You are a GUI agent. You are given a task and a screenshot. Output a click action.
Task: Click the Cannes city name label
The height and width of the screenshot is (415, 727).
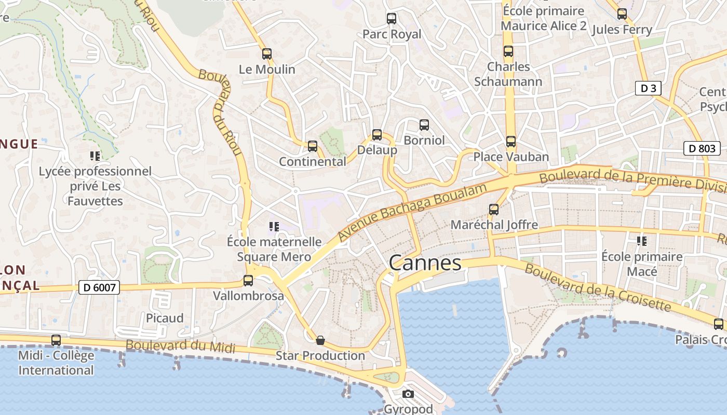tap(425, 263)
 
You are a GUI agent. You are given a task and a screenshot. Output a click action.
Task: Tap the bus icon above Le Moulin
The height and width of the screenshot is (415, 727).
tap(267, 53)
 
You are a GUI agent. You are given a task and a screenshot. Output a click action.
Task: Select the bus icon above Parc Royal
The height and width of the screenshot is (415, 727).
tap(392, 19)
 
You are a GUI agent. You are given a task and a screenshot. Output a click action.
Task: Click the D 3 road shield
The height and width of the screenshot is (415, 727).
tap(648, 88)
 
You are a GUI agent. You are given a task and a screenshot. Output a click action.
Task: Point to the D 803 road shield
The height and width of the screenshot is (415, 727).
tap(702, 148)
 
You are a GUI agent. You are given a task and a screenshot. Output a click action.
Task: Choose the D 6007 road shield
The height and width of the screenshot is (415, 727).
tap(99, 287)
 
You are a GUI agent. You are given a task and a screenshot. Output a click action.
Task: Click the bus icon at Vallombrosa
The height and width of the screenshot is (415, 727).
tap(248, 281)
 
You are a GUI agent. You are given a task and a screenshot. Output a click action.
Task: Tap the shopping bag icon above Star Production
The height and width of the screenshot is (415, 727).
tap(320, 340)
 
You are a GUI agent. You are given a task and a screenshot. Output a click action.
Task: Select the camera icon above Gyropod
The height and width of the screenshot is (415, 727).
tap(408, 394)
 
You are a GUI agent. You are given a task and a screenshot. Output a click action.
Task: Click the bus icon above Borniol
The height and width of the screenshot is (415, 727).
tap(424, 125)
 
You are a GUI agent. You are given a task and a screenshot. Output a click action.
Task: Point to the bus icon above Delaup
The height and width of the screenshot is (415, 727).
tap(377, 135)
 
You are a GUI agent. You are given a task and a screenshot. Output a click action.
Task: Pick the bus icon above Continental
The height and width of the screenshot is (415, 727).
tap(313, 146)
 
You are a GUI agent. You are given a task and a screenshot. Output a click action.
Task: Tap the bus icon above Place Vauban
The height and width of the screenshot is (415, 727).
tap(511, 141)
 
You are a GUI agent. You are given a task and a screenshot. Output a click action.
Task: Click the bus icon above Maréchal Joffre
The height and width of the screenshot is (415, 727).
tap(494, 210)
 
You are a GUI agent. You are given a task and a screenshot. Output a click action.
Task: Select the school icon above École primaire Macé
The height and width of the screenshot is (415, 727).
tap(642, 241)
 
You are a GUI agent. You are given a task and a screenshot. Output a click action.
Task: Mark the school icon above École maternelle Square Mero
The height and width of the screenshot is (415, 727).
tap(274, 226)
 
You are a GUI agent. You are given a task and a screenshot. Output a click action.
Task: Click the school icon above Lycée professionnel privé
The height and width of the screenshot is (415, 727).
tap(95, 156)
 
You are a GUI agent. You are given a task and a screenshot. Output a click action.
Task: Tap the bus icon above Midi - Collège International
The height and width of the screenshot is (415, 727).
tap(56, 340)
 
